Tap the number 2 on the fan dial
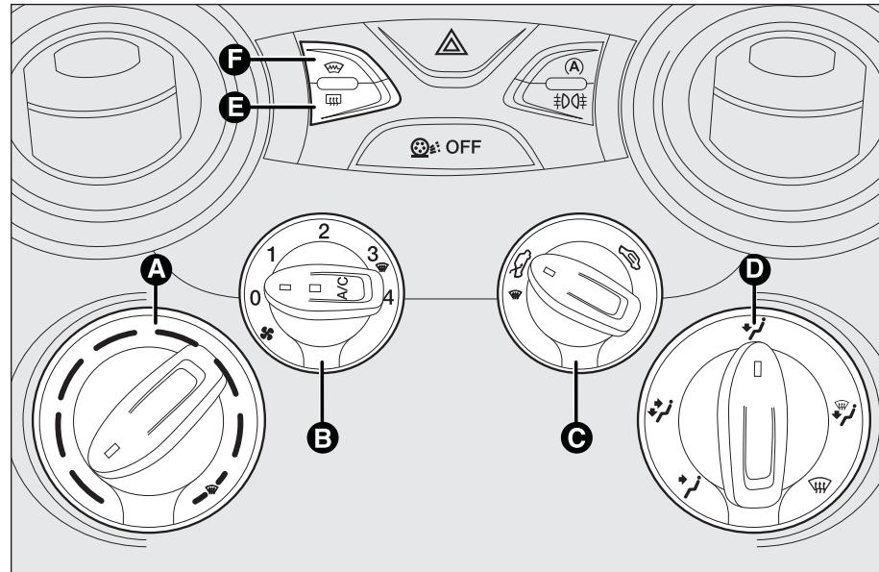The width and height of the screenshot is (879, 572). pyautogui.click(x=325, y=231)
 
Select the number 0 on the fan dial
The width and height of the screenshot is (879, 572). pyautogui.click(x=255, y=298)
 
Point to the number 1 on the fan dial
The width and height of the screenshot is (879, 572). pyautogui.click(x=273, y=255)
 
